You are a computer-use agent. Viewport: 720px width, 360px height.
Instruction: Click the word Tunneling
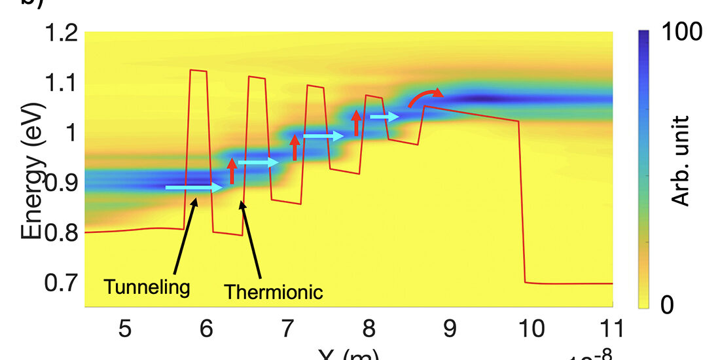pyautogui.click(x=147, y=287)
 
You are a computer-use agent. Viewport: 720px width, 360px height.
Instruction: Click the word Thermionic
pyautogui.click(x=274, y=292)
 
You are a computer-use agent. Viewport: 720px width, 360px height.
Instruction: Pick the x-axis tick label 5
pyautogui.click(x=125, y=327)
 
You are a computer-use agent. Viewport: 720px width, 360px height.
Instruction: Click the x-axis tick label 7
pyautogui.click(x=287, y=327)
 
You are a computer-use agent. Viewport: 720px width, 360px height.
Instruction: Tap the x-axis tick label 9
pyautogui.click(x=450, y=327)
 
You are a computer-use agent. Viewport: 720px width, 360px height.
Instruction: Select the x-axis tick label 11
pyautogui.click(x=612, y=327)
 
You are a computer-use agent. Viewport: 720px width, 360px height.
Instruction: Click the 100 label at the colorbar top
pyautogui.click(x=682, y=31)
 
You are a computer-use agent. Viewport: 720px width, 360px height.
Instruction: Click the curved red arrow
pyautogui.click(x=425, y=97)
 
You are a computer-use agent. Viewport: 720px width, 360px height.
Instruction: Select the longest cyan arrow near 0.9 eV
pyautogui.click(x=194, y=188)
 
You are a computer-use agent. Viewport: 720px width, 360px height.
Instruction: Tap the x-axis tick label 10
pyautogui.click(x=531, y=327)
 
